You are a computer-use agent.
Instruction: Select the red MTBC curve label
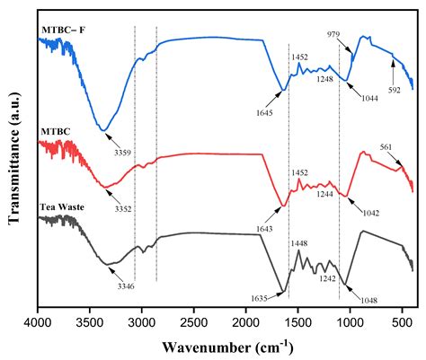[x=55, y=132]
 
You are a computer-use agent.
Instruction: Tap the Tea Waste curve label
[x=64, y=207]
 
